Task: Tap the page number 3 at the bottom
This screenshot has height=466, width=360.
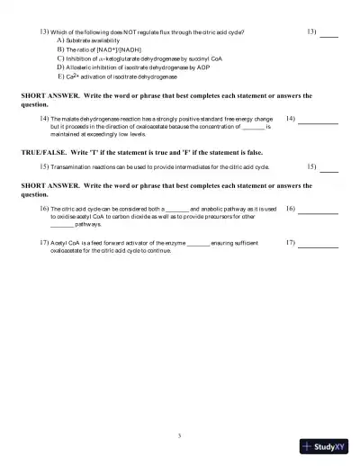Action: coord(180,435)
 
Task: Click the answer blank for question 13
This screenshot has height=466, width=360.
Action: coord(329,36)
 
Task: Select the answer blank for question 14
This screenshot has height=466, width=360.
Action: coord(318,121)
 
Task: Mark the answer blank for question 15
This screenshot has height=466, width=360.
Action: coord(329,169)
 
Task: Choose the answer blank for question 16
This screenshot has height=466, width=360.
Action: coord(318,211)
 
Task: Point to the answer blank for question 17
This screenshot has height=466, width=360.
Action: coord(318,246)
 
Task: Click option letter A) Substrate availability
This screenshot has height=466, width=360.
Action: coord(59,40)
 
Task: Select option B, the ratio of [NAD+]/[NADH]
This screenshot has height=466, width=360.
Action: coord(59,49)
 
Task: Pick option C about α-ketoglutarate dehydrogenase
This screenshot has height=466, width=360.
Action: coord(59,58)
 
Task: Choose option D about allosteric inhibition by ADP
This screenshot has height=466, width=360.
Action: coord(59,67)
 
